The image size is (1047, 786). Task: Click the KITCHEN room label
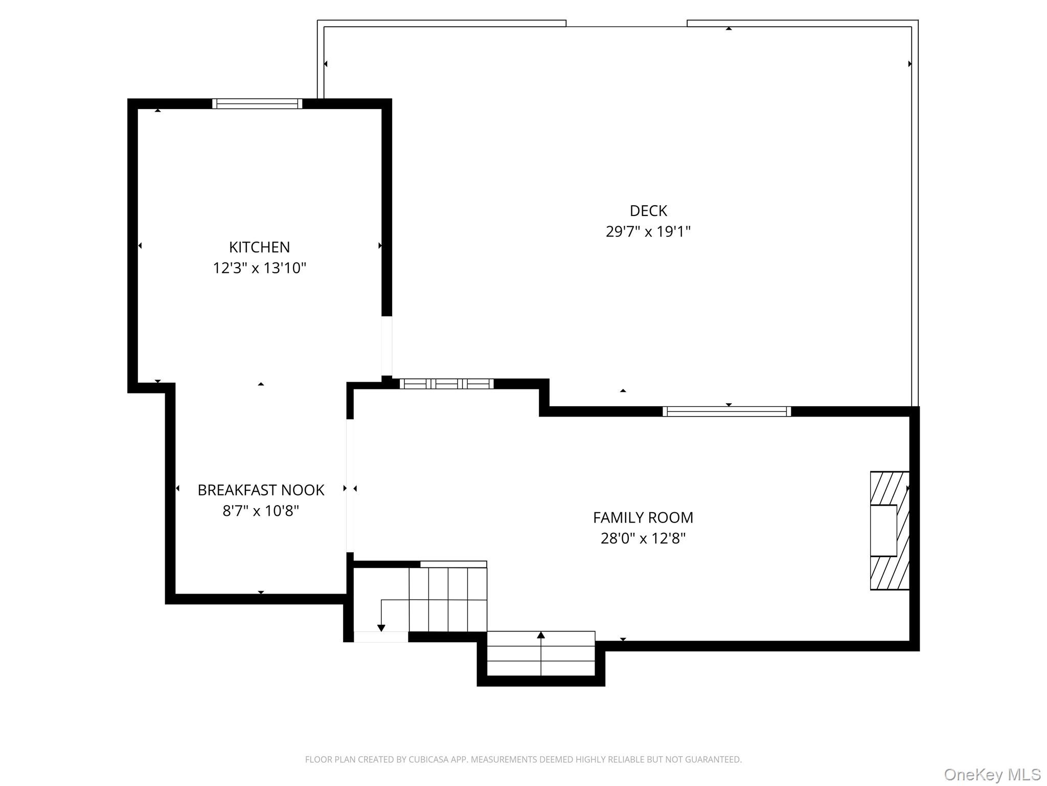(x=259, y=247)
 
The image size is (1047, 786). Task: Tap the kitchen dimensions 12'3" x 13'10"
(x=259, y=268)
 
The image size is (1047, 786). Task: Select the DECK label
(x=648, y=211)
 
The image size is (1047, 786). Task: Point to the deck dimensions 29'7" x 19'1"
(x=648, y=232)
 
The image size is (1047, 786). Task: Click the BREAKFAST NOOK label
(x=261, y=490)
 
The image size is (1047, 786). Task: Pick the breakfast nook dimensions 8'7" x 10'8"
(x=261, y=511)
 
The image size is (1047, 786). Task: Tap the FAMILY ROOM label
(x=643, y=518)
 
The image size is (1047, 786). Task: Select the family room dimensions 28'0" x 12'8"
(x=643, y=538)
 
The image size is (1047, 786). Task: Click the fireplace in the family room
(x=889, y=530)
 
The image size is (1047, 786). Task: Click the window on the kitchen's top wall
(x=257, y=104)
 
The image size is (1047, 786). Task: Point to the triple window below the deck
(x=446, y=384)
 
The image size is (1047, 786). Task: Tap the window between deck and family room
(x=726, y=411)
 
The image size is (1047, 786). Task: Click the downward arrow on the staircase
(x=381, y=627)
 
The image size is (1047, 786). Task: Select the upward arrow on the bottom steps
(x=541, y=636)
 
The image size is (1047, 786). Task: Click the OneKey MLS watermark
(x=992, y=774)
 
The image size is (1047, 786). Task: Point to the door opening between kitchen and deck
(x=387, y=346)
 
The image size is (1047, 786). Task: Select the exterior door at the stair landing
(x=381, y=637)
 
